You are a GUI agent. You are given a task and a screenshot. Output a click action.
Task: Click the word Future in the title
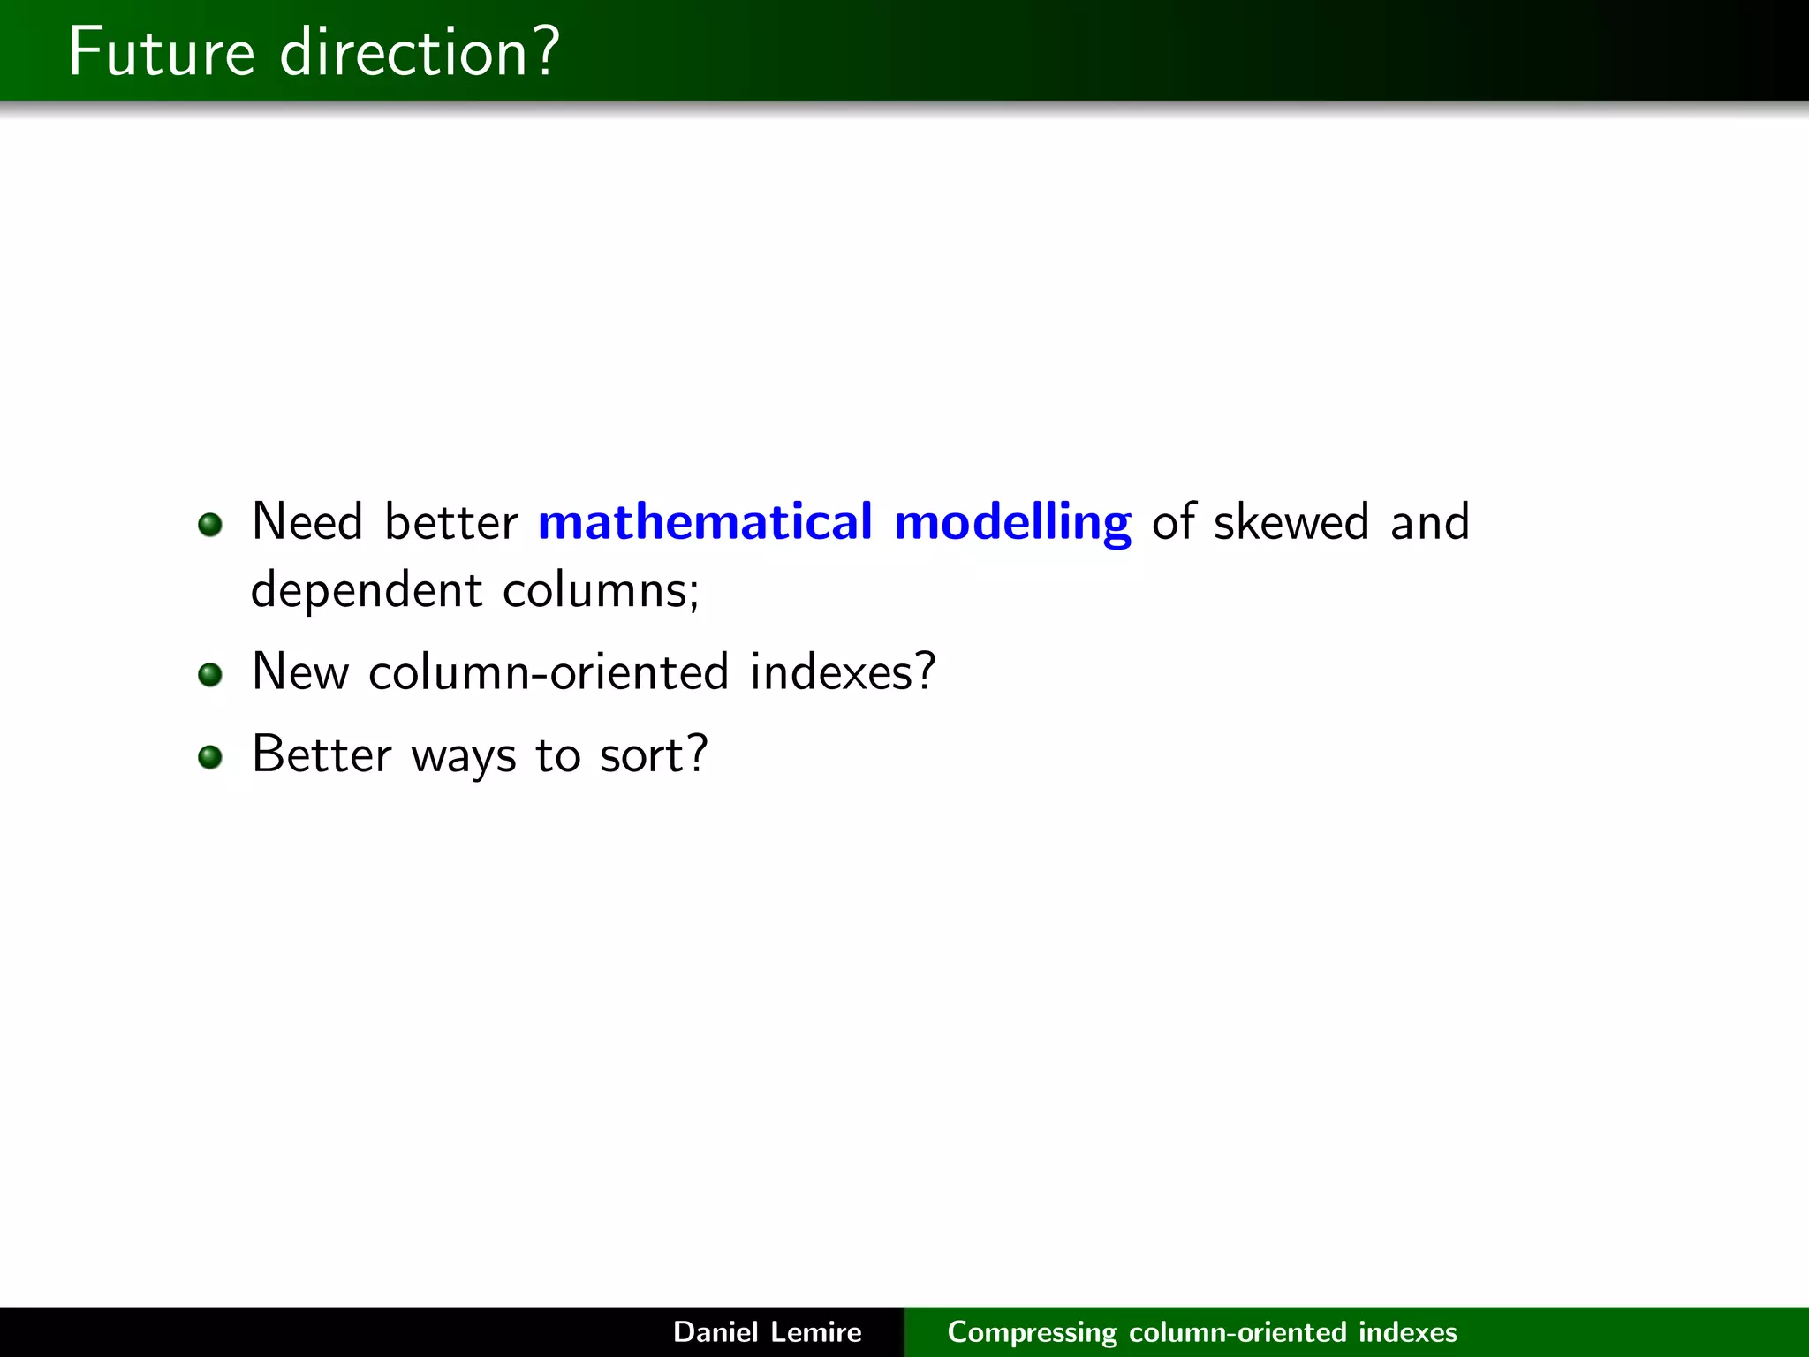[162, 52]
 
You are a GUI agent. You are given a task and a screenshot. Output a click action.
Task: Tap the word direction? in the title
[419, 52]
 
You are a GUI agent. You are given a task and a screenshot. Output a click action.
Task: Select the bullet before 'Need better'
[210, 525]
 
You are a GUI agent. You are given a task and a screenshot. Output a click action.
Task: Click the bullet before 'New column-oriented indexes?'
[210, 675]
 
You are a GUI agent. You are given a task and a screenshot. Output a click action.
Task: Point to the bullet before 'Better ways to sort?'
[210, 757]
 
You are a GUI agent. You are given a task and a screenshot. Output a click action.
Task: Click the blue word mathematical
[705, 521]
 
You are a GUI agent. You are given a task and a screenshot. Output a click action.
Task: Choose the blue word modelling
[1012, 523]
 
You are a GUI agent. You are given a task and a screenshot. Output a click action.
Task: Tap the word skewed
[1291, 521]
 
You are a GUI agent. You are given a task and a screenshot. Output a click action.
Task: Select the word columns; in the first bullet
[601, 590]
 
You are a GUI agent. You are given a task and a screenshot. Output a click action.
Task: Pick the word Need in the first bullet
[307, 521]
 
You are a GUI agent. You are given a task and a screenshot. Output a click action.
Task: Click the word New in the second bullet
[300, 672]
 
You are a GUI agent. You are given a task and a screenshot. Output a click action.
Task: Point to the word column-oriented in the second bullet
[549, 672]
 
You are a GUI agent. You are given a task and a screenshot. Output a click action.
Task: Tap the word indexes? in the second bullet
[843, 672]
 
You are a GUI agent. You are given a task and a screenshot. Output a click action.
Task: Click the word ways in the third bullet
[464, 756]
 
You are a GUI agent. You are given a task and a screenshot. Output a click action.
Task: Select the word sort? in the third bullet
[654, 756]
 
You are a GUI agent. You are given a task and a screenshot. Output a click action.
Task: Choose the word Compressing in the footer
[1033, 1332]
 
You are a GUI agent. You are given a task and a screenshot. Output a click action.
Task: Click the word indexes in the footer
[1408, 1331]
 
